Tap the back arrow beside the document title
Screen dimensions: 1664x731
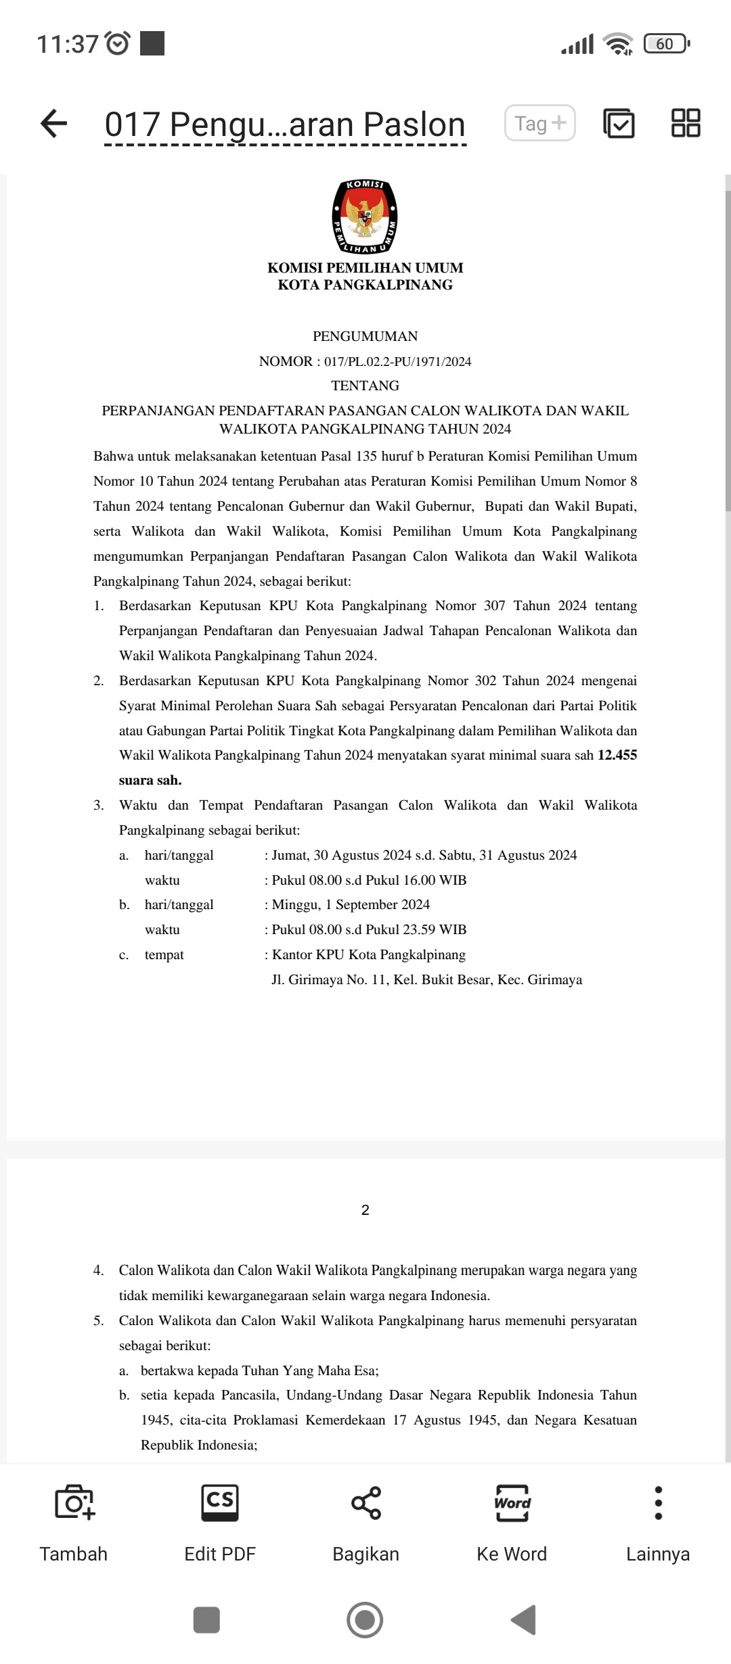point(54,124)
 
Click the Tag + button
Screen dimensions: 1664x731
point(539,123)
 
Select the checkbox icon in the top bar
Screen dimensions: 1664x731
point(619,123)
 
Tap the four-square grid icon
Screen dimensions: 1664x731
point(686,123)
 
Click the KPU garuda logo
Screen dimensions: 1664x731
point(365,216)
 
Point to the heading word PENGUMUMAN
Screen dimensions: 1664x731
point(365,336)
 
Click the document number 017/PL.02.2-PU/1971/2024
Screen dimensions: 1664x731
point(397,361)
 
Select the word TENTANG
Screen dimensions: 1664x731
point(365,386)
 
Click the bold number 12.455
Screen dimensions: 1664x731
point(617,755)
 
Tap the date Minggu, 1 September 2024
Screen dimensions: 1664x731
point(351,904)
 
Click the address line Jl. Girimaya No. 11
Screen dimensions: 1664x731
point(426,979)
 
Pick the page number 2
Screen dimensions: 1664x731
point(365,1210)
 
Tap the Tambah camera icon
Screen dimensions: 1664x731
point(74,1502)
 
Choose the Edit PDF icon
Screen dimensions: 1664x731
point(220,1502)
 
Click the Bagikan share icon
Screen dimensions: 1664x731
point(365,1502)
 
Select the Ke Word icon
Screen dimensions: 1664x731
point(512,1502)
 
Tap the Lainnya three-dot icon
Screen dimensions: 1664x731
point(658,1502)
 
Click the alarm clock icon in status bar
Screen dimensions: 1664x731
point(118,44)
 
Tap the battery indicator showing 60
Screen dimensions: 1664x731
point(666,44)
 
